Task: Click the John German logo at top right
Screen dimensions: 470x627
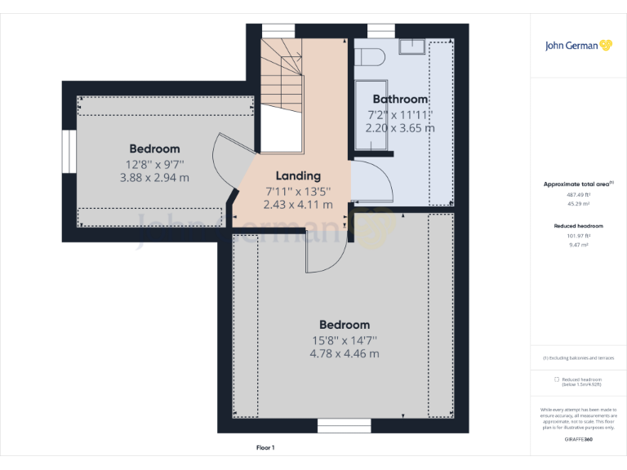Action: pyautogui.click(x=578, y=46)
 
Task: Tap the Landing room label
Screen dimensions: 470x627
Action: pyautogui.click(x=298, y=175)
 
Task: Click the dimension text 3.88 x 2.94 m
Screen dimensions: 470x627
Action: pyautogui.click(x=154, y=177)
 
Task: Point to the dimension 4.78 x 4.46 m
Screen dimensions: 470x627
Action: pyautogui.click(x=344, y=353)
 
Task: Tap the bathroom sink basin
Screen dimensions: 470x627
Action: pyautogui.click(x=412, y=47)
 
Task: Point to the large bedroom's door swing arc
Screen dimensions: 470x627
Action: pyautogui.click(x=322, y=255)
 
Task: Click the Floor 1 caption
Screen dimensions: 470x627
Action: pyautogui.click(x=265, y=448)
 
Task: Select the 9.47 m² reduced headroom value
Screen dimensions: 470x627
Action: pyautogui.click(x=578, y=243)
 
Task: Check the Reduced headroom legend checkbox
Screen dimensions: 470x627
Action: pyautogui.click(x=557, y=379)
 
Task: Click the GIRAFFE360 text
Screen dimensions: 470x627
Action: pyautogui.click(x=578, y=440)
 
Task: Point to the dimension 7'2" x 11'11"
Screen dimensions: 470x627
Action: pyautogui.click(x=400, y=114)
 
